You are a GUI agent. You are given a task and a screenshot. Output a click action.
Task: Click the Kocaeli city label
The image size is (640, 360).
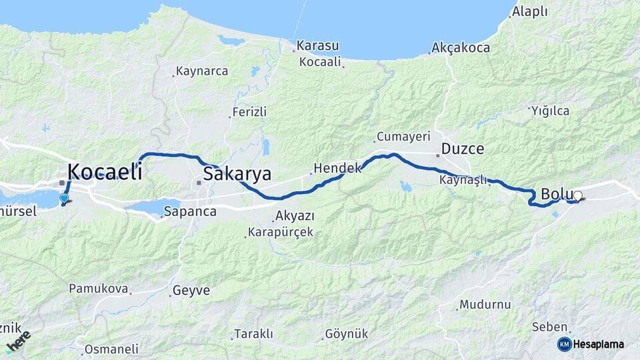tap(105, 171)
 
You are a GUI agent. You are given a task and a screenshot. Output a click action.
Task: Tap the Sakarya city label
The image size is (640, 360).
tap(237, 175)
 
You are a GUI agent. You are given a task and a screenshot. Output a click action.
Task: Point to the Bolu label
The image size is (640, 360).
tap(553, 195)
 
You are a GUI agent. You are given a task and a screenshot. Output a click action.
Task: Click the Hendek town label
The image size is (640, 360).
tap(337, 168)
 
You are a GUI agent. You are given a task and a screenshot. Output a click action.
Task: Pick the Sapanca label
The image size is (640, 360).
tap(190, 211)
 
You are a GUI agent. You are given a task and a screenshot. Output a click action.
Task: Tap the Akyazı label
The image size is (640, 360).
tap(295, 216)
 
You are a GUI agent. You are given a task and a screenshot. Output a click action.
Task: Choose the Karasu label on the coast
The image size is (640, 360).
tap(318, 46)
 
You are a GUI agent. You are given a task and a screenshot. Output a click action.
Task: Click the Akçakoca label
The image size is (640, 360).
tap(461, 48)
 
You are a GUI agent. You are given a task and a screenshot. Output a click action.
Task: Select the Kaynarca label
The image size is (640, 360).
tap(201, 71)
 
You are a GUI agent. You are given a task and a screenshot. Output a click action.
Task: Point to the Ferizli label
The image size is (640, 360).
tap(249, 112)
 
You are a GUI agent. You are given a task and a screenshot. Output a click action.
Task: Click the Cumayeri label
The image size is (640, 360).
tap(403, 137)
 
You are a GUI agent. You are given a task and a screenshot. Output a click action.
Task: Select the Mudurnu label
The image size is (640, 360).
tap(485, 305)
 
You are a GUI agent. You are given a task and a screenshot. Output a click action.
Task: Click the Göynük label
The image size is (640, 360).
tap(346, 334)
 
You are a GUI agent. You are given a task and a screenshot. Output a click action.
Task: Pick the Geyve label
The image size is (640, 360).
tap(191, 291)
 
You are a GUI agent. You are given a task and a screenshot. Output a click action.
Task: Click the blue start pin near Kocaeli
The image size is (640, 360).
tap(64, 197)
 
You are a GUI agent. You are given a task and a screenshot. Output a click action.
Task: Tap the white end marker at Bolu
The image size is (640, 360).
tap(578, 196)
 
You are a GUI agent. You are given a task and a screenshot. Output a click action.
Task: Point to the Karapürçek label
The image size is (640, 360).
tap(280, 233)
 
